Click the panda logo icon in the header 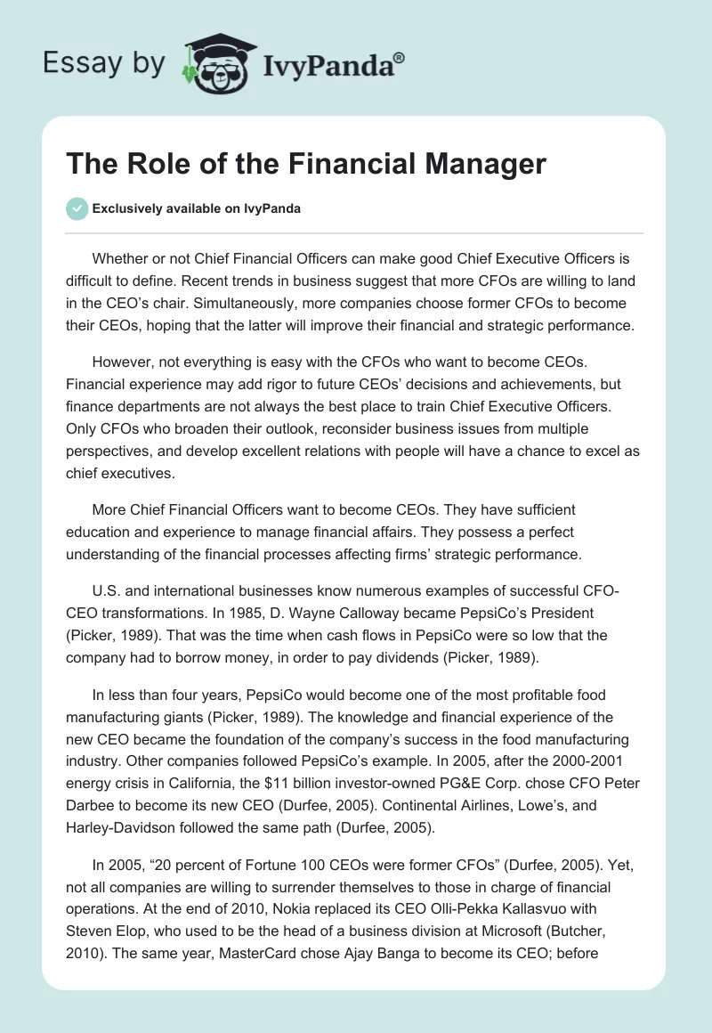(x=213, y=62)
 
